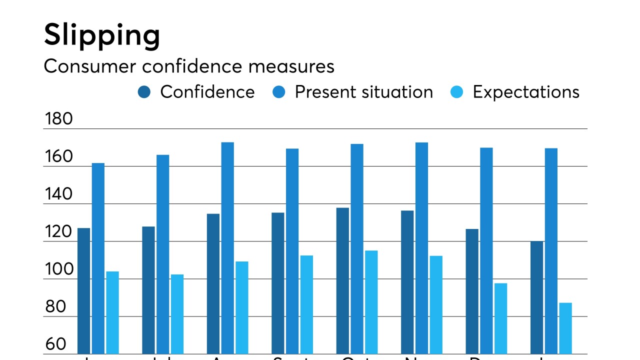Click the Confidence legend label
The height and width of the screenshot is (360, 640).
click(x=207, y=92)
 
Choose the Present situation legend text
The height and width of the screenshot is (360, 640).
click(x=363, y=92)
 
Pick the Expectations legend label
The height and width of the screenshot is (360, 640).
click(x=526, y=92)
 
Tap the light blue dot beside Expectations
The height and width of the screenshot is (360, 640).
click(x=457, y=92)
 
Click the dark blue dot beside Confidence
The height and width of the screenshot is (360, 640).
click(x=144, y=92)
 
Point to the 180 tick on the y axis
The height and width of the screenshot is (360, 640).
click(x=58, y=119)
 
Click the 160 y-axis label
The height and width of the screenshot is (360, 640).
click(x=58, y=156)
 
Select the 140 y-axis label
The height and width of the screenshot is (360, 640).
click(x=58, y=194)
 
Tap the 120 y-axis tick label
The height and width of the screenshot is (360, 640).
click(x=58, y=231)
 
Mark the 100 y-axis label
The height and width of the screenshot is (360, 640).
click(x=58, y=269)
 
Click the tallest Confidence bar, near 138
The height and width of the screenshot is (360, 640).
click(x=342, y=280)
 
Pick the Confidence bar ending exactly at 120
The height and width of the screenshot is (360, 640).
click(x=536, y=297)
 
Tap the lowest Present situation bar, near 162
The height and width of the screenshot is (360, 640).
click(x=98, y=257)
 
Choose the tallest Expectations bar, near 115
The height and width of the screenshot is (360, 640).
click(x=371, y=302)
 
